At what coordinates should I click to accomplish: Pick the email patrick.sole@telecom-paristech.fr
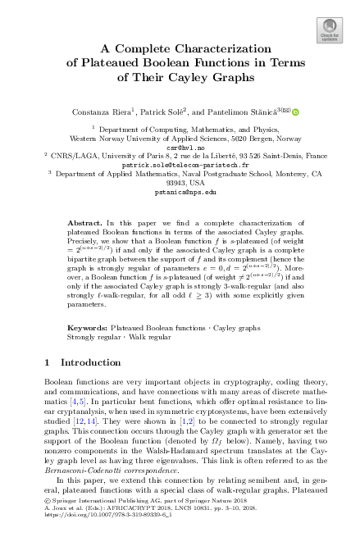(180, 164)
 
